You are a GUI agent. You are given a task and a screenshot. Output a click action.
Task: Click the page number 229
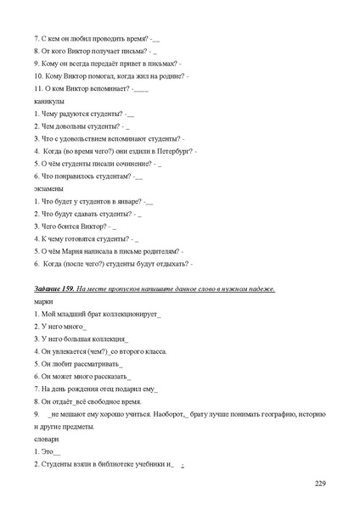point(320,483)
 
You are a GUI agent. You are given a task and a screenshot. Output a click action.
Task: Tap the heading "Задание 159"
point(53,289)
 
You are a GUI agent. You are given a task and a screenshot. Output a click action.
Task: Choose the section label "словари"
point(47,439)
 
